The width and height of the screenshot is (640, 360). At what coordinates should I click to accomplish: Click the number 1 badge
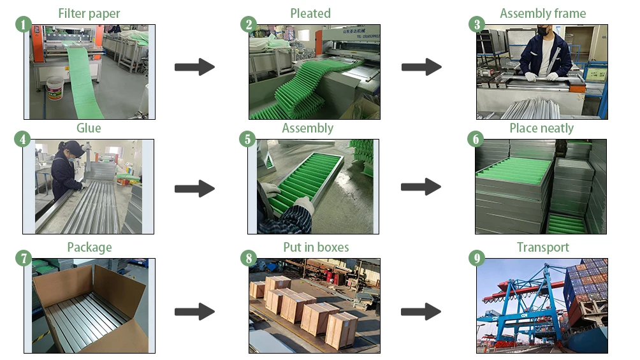point(23,25)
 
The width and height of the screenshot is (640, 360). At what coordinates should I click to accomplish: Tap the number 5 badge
point(248,140)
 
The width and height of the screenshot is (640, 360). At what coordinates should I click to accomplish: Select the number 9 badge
point(476,258)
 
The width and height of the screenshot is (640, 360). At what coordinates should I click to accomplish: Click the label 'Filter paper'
point(89,13)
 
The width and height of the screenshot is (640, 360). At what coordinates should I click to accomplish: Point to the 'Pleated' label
point(310,13)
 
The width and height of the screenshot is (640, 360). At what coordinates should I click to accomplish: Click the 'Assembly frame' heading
point(542,13)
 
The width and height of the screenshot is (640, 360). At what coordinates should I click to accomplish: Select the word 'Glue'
point(89,128)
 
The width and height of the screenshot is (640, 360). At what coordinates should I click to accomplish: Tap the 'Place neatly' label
point(541,128)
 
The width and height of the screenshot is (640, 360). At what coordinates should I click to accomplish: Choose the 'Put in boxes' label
point(316,247)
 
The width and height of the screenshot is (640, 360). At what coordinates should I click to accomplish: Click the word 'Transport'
point(542,247)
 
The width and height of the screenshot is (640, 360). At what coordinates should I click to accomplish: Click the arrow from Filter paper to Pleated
point(194,66)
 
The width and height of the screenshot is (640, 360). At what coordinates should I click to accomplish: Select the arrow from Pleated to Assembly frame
point(421,66)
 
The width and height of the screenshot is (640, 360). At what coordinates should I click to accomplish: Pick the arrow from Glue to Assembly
point(194,188)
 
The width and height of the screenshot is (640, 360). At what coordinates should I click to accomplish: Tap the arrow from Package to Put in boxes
point(194,312)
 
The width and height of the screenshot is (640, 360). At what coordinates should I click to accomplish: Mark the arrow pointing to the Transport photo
point(421,312)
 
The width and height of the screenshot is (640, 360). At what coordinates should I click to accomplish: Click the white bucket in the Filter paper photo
point(55,88)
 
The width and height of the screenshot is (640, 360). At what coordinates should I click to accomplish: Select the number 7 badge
point(23,258)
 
